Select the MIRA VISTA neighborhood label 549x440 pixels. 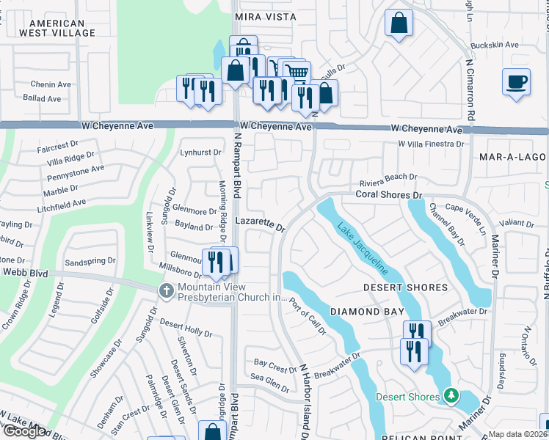(266, 16)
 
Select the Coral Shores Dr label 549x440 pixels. (389, 195)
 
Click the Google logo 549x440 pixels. (23, 431)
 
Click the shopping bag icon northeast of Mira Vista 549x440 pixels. (398, 22)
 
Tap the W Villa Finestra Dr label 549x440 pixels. (431, 144)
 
